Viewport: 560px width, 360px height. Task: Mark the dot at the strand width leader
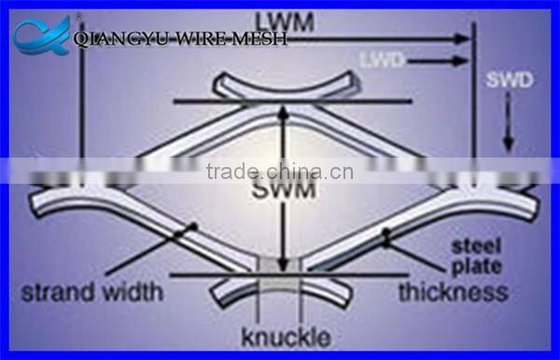point(194,227)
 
